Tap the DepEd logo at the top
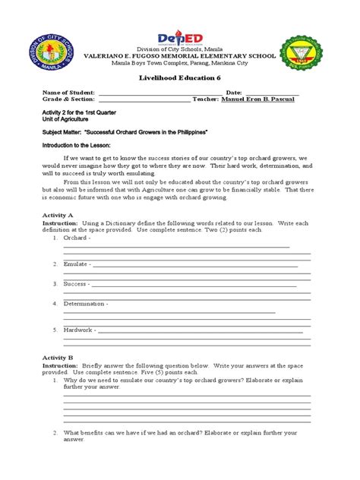[180, 38]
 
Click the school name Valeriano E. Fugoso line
[180, 56]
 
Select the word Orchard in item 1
[74, 238]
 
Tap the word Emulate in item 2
[76, 264]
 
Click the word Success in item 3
[74, 284]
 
